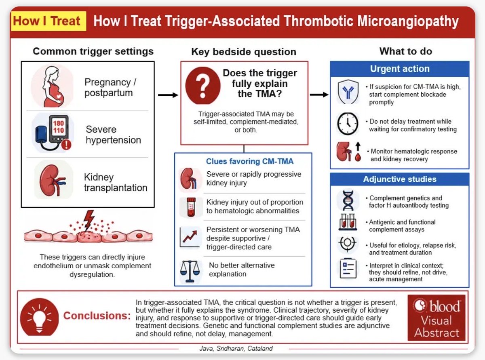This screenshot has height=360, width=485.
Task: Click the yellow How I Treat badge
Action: pyautogui.click(x=48, y=21)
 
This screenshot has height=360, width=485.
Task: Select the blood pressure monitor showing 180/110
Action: pyautogui.click(x=53, y=133)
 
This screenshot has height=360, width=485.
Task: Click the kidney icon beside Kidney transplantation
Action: pyautogui.click(x=53, y=180)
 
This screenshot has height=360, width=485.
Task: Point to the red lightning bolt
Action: pyautogui.click(x=89, y=220)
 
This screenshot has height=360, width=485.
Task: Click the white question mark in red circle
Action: pyautogui.click(x=203, y=86)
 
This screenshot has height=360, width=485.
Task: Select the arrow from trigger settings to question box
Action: pyautogui.click(x=168, y=95)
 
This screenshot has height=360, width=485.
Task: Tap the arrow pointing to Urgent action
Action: pyautogui.click(x=319, y=95)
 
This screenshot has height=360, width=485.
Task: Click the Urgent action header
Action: pyautogui.click(x=399, y=69)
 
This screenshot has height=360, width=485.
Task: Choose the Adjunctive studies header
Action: pyautogui.click(x=399, y=179)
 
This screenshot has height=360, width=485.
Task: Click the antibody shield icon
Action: pyautogui.click(x=348, y=92)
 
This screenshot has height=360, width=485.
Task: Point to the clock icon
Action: pyautogui.click(x=348, y=124)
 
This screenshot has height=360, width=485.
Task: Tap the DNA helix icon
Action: pyautogui.click(x=348, y=200)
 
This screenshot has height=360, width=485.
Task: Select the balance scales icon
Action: pyautogui.click(x=190, y=271)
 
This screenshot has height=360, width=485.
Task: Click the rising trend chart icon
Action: pyautogui.click(x=189, y=238)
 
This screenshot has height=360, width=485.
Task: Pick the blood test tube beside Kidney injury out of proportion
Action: pyautogui.click(x=191, y=207)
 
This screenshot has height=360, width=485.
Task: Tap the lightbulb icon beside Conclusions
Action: pyautogui.click(x=39, y=317)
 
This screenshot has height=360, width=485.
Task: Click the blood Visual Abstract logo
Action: pyautogui.click(x=436, y=318)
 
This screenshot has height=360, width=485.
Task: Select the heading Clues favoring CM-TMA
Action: pyautogui.click(x=250, y=161)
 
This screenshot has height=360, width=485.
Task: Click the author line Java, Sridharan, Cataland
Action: pyautogui.click(x=236, y=348)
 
